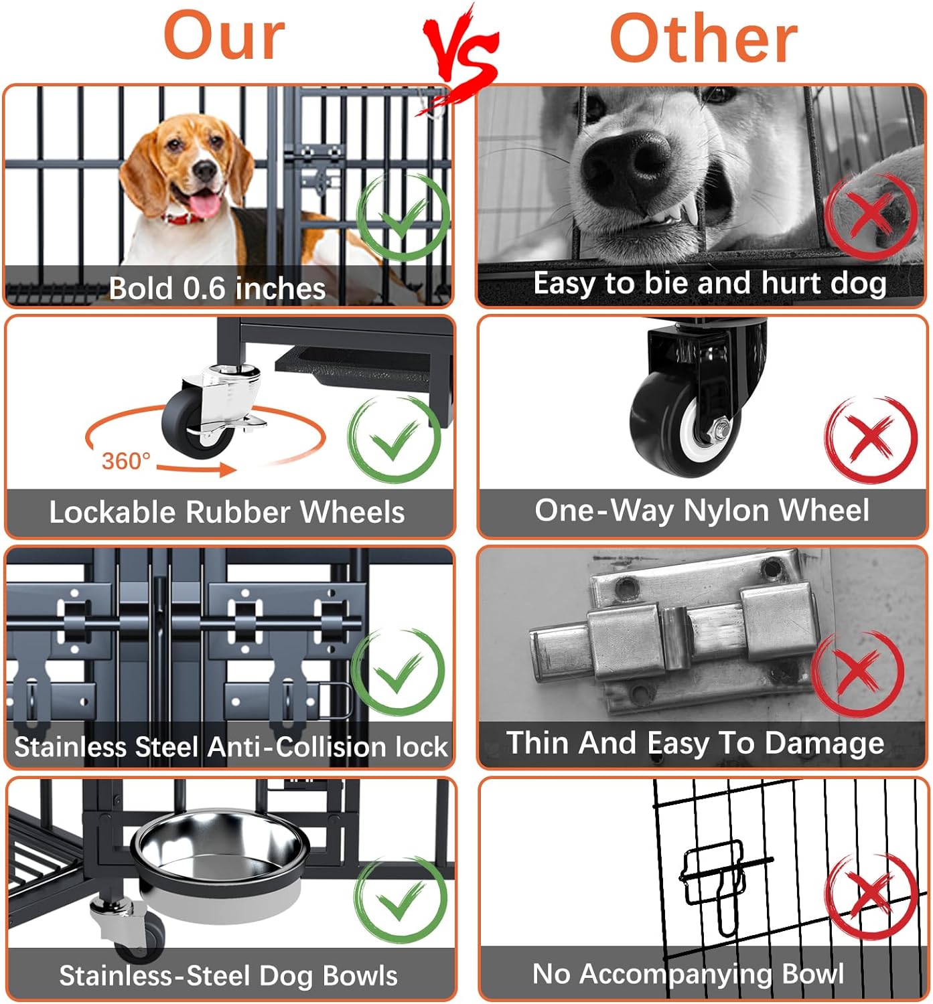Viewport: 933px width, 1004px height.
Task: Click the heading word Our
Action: point(224,37)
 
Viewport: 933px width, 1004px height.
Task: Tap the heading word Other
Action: point(703,39)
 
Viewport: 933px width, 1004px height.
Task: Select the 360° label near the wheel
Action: point(126,461)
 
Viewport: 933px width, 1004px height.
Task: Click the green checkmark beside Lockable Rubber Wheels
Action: point(395,438)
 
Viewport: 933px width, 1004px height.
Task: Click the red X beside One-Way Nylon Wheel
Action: point(870,438)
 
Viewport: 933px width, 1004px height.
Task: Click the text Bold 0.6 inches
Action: point(217,288)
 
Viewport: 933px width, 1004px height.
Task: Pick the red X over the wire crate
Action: point(869,897)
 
